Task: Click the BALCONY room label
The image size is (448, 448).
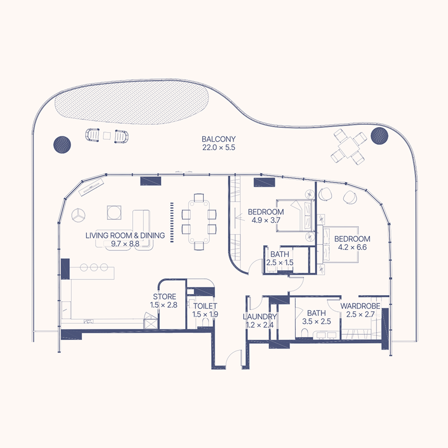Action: click(x=219, y=139)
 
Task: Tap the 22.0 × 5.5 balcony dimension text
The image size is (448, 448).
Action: click(x=219, y=148)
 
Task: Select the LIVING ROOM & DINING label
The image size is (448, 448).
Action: click(x=125, y=236)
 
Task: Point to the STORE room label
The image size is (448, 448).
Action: click(x=165, y=297)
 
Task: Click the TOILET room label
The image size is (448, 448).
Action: click(x=205, y=306)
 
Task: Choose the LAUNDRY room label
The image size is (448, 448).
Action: click(x=260, y=316)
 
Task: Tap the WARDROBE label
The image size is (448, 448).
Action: click(x=361, y=307)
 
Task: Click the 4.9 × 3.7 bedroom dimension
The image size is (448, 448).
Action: click(x=265, y=220)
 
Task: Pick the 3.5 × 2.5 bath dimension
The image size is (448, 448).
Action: click(x=316, y=321)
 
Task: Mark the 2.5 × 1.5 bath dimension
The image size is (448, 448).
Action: click(x=279, y=262)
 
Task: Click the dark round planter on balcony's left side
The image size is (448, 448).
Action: click(x=62, y=144)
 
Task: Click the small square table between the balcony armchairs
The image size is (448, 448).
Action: click(x=107, y=136)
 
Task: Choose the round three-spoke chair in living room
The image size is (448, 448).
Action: click(x=79, y=214)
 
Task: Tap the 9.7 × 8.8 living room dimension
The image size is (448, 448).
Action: click(x=125, y=244)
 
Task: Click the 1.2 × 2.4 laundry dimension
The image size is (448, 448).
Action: click(x=260, y=325)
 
